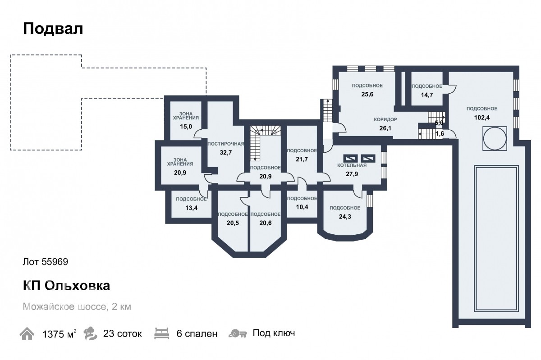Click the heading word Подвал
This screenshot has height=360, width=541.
pyautogui.click(x=53, y=29)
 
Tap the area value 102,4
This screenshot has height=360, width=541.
pyautogui.click(x=482, y=118)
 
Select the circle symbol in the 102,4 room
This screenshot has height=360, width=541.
pyautogui.click(x=495, y=139)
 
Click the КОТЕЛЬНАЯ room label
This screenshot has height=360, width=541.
pyautogui.click(x=352, y=165)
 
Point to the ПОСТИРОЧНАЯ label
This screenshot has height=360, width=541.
pyautogui.click(x=226, y=144)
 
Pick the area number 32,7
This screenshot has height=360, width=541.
pyautogui.click(x=226, y=153)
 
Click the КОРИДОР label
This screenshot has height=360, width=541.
pyautogui.click(x=385, y=119)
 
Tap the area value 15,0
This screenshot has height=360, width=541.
pyautogui.click(x=186, y=127)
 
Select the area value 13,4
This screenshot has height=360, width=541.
pyautogui.click(x=191, y=208)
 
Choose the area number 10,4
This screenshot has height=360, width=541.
pyautogui.click(x=302, y=207)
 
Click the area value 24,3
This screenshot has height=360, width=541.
pyautogui.click(x=345, y=217)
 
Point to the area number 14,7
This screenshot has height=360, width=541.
pyautogui.click(x=427, y=95)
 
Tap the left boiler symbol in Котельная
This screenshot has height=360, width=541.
pyautogui.click(x=350, y=159)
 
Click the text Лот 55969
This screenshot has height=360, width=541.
pyautogui.click(x=46, y=262)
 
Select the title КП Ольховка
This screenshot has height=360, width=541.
pyautogui.click(x=66, y=286)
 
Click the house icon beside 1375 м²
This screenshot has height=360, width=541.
pyautogui.click(x=27, y=333)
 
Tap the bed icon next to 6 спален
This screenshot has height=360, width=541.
pyautogui.click(x=161, y=333)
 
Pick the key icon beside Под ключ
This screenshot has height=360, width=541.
pyautogui.click(x=238, y=334)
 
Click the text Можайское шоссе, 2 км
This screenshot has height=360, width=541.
pyautogui.click(x=77, y=307)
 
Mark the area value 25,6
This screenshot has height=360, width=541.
pyautogui.click(x=367, y=95)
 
